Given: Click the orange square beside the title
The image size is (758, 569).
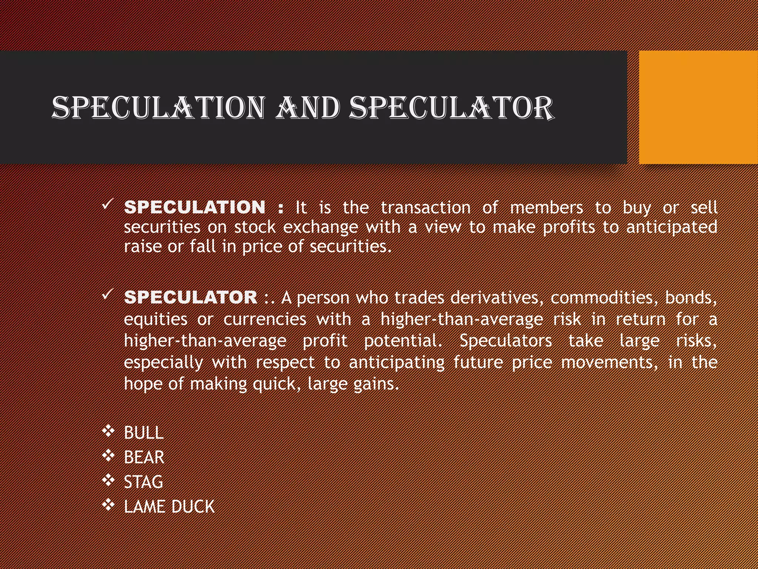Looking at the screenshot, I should pyautogui.click(x=698, y=107).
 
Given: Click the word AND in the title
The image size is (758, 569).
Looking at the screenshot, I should pyautogui.click(x=307, y=108).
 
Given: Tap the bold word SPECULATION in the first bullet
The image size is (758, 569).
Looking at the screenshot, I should pyautogui.click(x=195, y=207).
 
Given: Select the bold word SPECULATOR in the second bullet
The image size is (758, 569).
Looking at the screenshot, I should pyautogui.click(x=191, y=297).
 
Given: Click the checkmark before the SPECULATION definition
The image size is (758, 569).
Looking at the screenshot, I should pyautogui.click(x=107, y=204).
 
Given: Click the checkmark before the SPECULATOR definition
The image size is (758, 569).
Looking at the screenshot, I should pyautogui.click(x=107, y=295).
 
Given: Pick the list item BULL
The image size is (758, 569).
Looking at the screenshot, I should pyautogui.click(x=144, y=433).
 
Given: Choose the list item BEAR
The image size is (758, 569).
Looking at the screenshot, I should pyautogui.click(x=144, y=457).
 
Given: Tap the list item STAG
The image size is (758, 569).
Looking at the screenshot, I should pyautogui.click(x=143, y=482).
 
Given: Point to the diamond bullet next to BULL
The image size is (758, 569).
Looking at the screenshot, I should pyautogui.click(x=108, y=431).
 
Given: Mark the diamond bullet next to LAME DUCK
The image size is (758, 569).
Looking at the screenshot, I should pyautogui.click(x=108, y=505).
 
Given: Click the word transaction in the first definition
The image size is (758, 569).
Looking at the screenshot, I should pyautogui.click(x=426, y=207).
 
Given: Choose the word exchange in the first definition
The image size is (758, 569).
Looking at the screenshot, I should pyautogui.click(x=321, y=227).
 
